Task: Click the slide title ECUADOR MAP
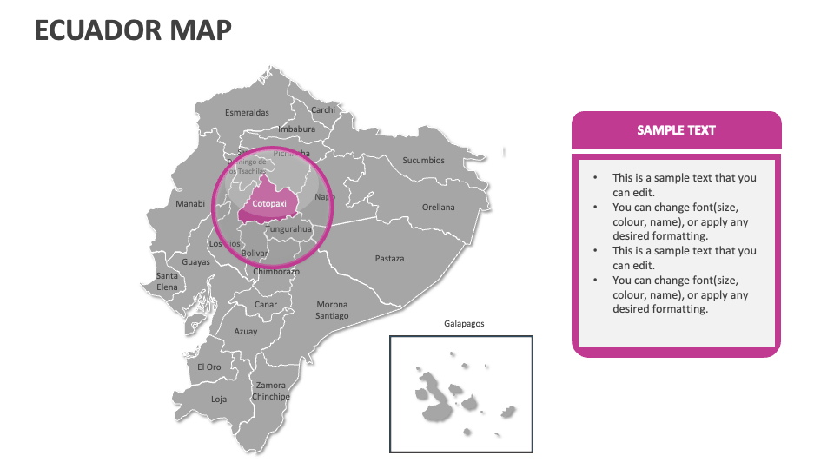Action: click(x=133, y=30)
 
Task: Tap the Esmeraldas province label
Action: click(x=247, y=112)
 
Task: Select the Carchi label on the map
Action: click(x=323, y=110)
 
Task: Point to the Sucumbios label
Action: click(x=423, y=160)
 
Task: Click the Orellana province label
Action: click(x=438, y=208)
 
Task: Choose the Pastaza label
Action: click(x=389, y=258)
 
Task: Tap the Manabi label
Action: click(x=190, y=204)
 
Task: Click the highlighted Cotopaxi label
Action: click(x=268, y=204)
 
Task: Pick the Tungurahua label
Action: click(x=288, y=229)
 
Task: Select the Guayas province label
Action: click(x=195, y=262)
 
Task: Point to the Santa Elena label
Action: click(x=167, y=281)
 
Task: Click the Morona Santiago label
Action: click(x=332, y=310)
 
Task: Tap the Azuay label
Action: click(x=246, y=332)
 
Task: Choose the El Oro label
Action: click(x=208, y=367)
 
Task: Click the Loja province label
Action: click(x=219, y=400)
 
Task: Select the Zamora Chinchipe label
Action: click(x=271, y=391)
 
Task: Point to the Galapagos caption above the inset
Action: click(x=464, y=324)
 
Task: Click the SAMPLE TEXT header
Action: click(x=676, y=130)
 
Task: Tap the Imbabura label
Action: click(x=296, y=129)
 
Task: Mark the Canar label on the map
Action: click(x=266, y=305)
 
